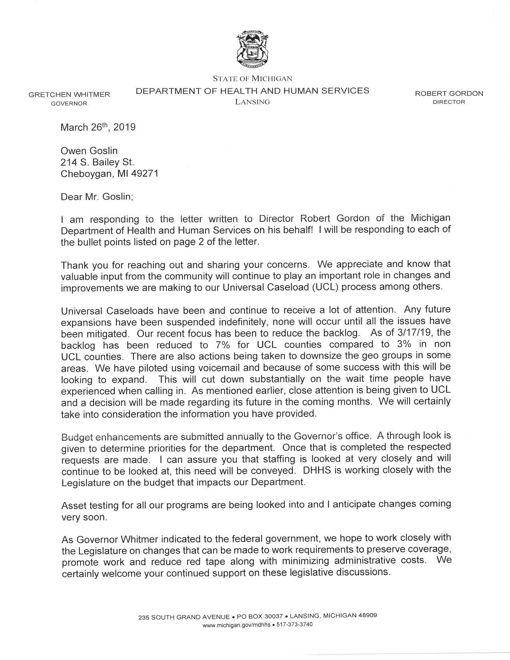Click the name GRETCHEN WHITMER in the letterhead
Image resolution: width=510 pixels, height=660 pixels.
pyautogui.click(x=69, y=95)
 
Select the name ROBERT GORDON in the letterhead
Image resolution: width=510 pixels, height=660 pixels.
pyautogui.click(x=449, y=94)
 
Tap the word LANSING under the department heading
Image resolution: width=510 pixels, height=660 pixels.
pyautogui.click(x=252, y=102)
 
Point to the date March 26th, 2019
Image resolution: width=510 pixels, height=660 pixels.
pyautogui.click(x=98, y=128)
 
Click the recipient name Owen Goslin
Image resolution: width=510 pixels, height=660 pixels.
pyautogui.click(x=89, y=151)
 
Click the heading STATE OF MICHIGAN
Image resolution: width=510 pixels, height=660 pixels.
pyautogui.click(x=252, y=79)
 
